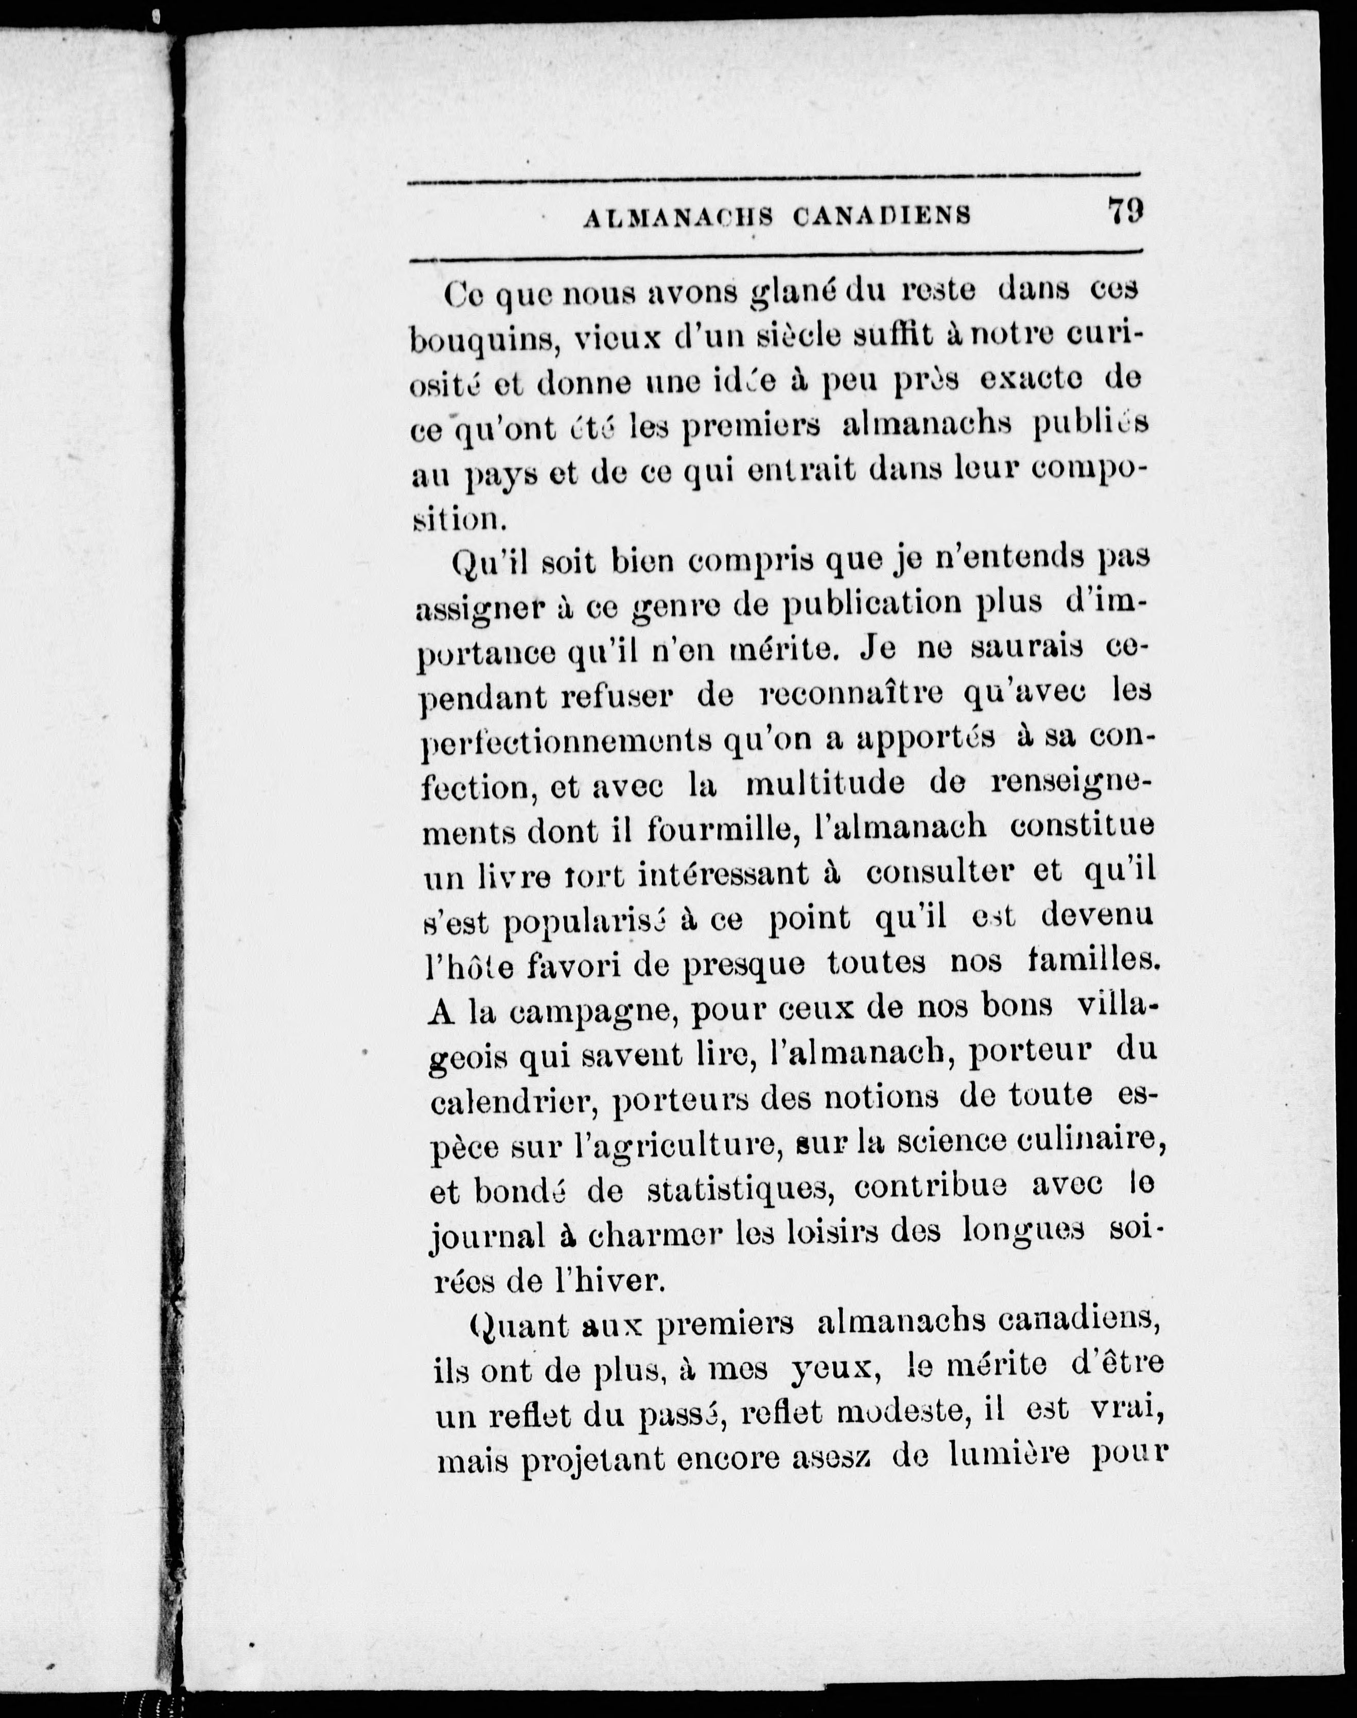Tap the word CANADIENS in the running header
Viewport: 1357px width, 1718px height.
pyautogui.click(x=882, y=216)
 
